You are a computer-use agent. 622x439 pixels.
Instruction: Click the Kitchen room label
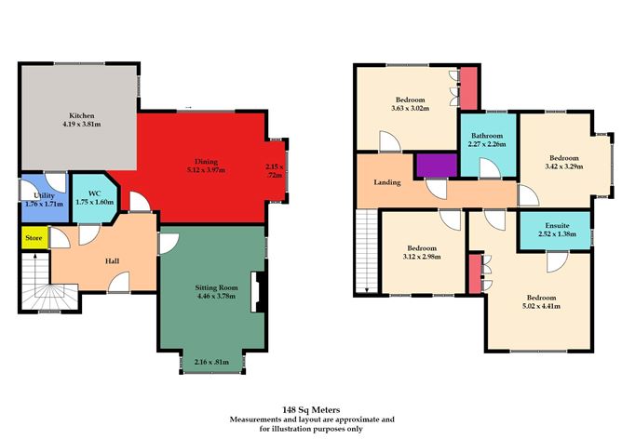pyautogui.click(x=82, y=115)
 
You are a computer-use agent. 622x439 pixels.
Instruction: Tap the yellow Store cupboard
pyautogui.click(x=34, y=238)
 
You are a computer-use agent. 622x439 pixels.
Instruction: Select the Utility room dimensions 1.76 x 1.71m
pyautogui.click(x=44, y=205)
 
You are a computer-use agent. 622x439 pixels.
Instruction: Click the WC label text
pyautogui.click(x=94, y=193)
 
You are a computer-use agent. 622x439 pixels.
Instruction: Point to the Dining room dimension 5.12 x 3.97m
pyautogui.click(x=206, y=170)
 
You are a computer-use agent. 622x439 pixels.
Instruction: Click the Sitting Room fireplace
pyautogui.click(x=257, y=292)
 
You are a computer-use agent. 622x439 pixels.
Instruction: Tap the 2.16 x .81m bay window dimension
pyautogui.click(x=211, y=362)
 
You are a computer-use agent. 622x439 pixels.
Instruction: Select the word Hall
pyautogui.click(x=113, y=261)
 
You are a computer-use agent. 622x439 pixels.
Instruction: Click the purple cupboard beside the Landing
pyautogui.click(x=437, y=166)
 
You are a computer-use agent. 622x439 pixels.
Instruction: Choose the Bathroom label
pyautogui.click(x=487, y=136)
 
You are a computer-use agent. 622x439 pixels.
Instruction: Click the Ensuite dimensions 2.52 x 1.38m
pyautogui.click(x=557, y=233)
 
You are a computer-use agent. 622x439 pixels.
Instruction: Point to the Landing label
pyautogui.click(x=387, y=182)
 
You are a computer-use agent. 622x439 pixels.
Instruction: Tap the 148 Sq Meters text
pyautogui.click(x=311, y=409)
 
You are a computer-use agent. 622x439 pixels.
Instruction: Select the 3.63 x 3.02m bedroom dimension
pyautogui.click(x=411, y=108)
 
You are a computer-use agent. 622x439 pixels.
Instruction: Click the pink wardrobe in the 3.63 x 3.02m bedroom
pyautogui.click(x=468, y=88)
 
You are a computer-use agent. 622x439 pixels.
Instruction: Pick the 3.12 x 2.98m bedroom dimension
pyautogui.click(x=422, y=257)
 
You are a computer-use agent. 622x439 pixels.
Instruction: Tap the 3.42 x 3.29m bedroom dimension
pyautogui.click(x=563, y=166)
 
